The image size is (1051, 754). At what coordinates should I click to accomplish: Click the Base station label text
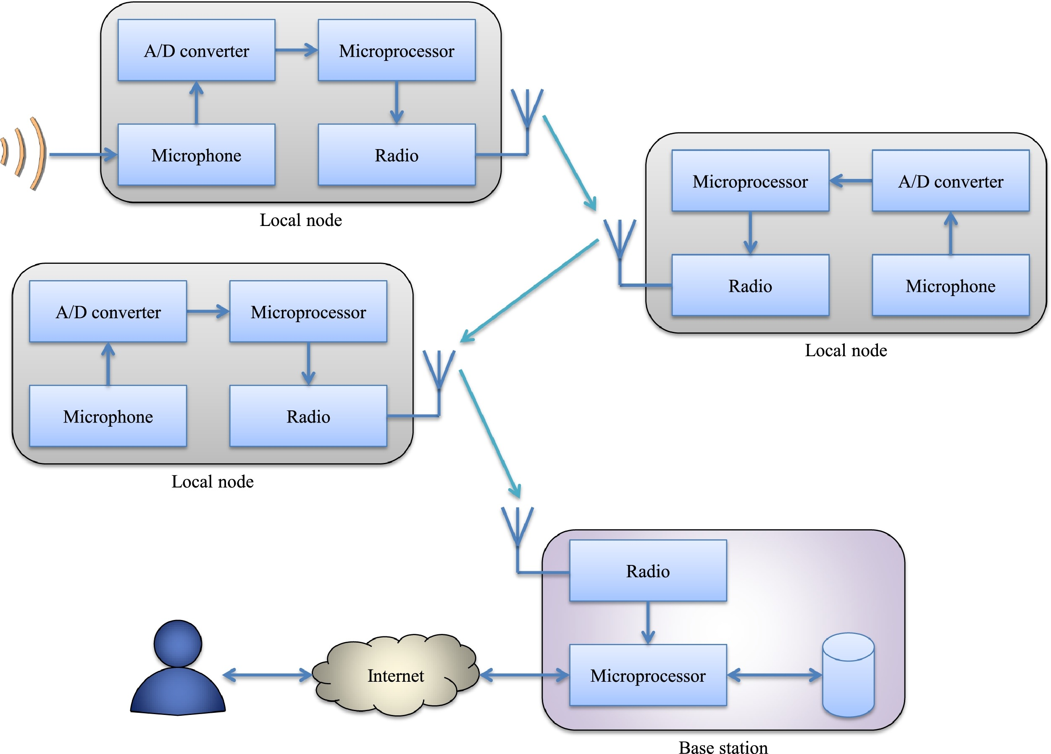(723, 747)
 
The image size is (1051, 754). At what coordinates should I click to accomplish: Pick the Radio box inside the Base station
(648, 570)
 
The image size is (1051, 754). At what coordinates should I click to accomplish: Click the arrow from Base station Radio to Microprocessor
(648, 623)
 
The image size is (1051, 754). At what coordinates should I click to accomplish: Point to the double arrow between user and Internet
(268, 675)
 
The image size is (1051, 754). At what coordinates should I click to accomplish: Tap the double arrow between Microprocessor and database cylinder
(774, 675)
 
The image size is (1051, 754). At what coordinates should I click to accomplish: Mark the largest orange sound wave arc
(39, 154)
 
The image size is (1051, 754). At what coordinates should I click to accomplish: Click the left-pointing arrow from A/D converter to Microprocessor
(850, 181)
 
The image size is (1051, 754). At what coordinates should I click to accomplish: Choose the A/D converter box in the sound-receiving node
(196, 50)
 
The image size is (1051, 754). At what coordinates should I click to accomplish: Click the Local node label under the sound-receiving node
(300, 220)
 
